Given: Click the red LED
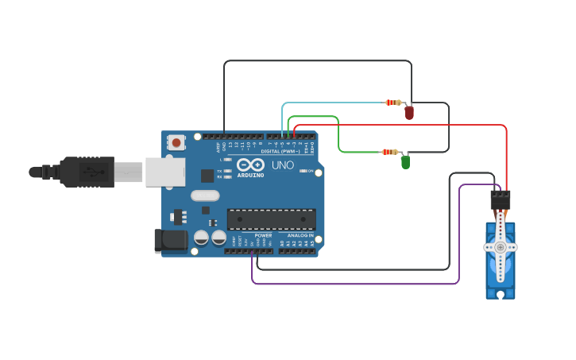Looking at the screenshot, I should point(409,113).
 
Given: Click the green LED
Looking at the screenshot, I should point(405,162).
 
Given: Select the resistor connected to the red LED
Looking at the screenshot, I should point(392,103).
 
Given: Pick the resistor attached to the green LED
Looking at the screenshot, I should point(389,152).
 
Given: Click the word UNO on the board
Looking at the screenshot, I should point(284,165).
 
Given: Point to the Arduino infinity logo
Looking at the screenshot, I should point(250,165).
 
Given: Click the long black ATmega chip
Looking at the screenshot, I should point(271,219).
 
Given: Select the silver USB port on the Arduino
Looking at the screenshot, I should point(164,172).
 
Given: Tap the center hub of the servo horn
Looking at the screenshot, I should point(501,247).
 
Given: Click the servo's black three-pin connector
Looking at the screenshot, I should point(500,199).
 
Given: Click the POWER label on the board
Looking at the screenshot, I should point(263,235).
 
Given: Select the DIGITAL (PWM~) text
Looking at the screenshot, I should point(280,151).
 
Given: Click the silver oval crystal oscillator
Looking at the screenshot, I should point(204,195).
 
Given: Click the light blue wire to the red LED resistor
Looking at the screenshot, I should point(334,103).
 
